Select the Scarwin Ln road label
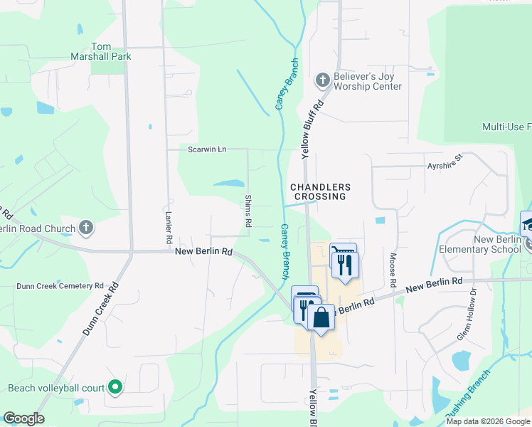[207, 149]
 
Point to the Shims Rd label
[248, 211]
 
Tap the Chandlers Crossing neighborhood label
[318, 191]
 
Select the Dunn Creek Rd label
[100, 311]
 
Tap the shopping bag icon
[321, 317]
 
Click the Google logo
[23, 418]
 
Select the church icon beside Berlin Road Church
[85, 228]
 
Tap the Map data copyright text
[487, 421]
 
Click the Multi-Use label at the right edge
[506, 127]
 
